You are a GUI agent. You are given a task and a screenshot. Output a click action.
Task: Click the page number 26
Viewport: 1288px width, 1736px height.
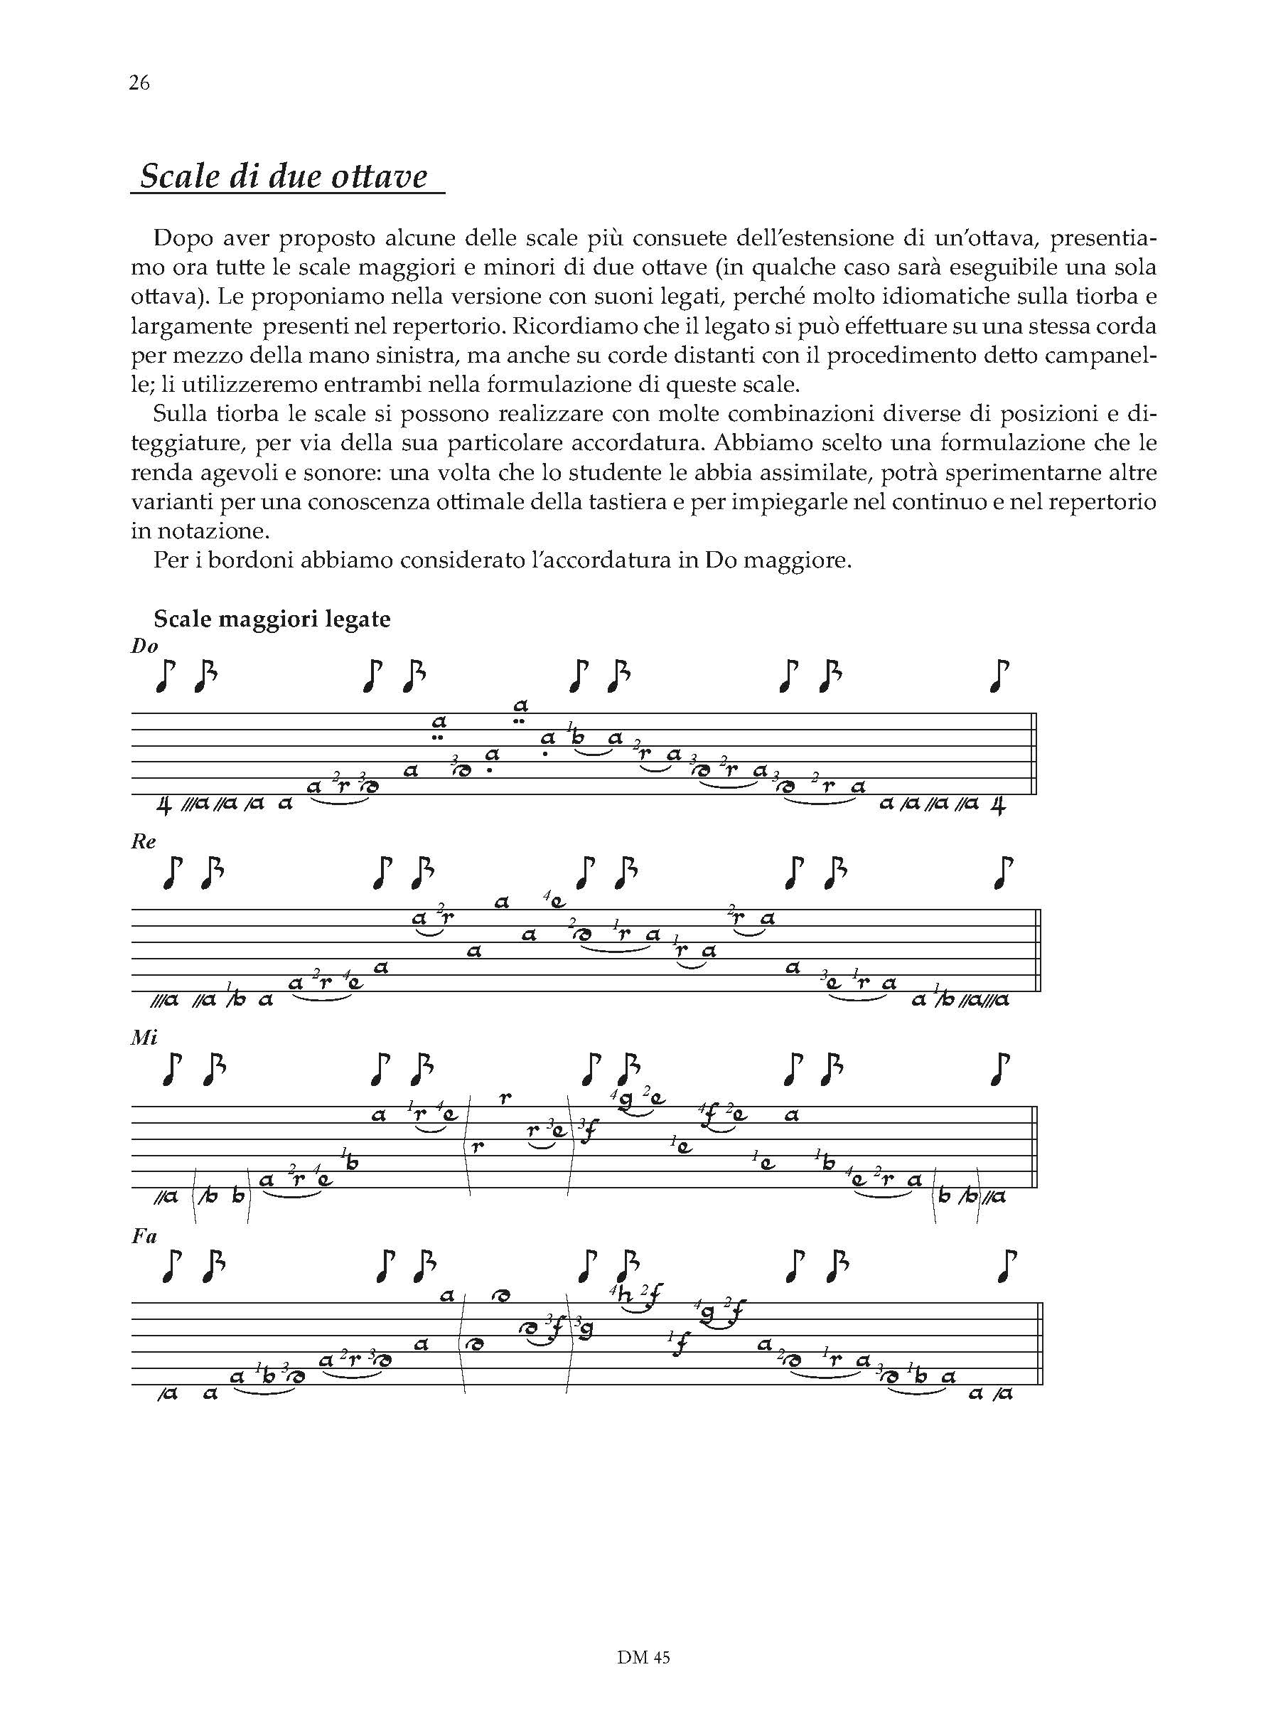point(139,82)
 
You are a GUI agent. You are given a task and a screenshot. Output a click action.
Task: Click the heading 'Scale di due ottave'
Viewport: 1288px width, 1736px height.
point(284,176)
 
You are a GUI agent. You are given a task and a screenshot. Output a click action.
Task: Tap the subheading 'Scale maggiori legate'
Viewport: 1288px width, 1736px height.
point(272,619)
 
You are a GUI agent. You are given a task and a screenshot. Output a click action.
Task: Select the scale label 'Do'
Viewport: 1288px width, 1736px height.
point(145,646)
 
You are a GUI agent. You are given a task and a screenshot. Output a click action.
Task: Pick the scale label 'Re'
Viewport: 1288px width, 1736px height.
point(144,841)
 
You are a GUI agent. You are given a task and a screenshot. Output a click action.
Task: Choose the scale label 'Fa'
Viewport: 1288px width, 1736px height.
point(145,1235)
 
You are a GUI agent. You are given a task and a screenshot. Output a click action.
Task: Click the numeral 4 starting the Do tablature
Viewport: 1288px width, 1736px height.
point(163,806)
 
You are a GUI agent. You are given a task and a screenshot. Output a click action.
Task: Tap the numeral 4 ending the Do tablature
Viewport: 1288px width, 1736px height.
point(997,806)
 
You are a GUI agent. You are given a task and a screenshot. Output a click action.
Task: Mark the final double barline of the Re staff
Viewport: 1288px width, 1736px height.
point(1039,951)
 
